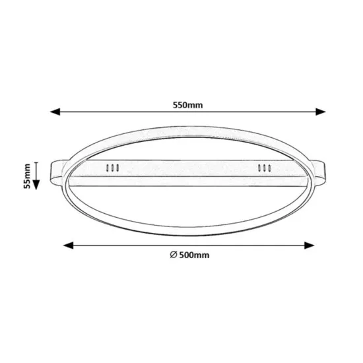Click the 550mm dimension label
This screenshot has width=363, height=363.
click(x=187, y=105)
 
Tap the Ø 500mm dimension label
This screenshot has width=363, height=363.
click(x=189, y=255)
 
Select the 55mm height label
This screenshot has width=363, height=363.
click(x=27, y=176)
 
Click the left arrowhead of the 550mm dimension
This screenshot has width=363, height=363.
click(x=55, y=112)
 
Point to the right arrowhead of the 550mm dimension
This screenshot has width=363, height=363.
click(x=321, y=112)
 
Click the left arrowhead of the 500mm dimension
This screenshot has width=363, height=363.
click(x=68, y=246)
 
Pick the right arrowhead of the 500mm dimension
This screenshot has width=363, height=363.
click(x=309, y=246)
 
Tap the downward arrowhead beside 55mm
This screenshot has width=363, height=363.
click(x=36, y=185)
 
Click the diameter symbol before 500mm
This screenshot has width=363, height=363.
click(x=174, y=255)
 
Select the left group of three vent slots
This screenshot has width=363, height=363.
click(x=112, y=168)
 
